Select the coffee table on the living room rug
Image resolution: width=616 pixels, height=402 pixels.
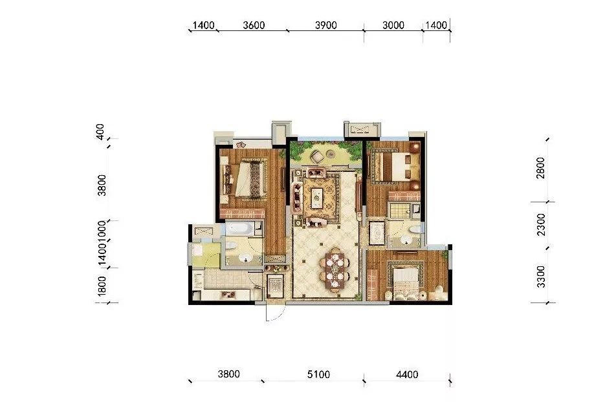point(318,197)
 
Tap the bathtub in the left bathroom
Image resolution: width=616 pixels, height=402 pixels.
point(241,229)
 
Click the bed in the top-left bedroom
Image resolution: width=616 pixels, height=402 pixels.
point(250,179)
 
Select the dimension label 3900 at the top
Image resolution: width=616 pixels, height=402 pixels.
point(325,26)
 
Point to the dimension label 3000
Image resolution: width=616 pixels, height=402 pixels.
point(393,26)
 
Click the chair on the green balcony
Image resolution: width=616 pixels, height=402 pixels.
point(318,156)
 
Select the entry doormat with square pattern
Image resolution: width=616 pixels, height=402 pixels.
point(274,284)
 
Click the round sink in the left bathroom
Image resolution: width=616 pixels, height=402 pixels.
point(244,258)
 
